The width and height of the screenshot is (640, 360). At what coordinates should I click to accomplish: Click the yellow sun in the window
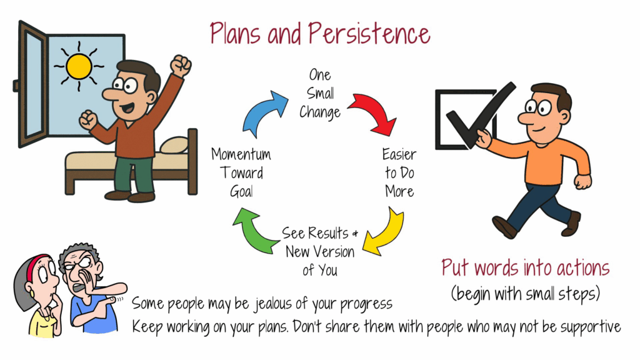[79, 66]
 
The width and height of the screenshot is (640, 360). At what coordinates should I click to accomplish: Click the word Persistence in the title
[369, 34]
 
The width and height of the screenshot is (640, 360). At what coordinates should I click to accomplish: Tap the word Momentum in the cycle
[241, 154]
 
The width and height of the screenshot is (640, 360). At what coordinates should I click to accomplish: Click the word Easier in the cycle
[399, 154]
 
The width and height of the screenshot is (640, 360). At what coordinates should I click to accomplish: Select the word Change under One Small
[320, 112]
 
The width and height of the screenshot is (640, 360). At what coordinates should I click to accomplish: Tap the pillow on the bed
[175, 145]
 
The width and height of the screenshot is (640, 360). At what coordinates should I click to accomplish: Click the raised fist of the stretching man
[181, 65]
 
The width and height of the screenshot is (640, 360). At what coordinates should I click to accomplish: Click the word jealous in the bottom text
[274, 304]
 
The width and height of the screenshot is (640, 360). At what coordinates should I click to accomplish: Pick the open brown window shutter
[32, 84]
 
